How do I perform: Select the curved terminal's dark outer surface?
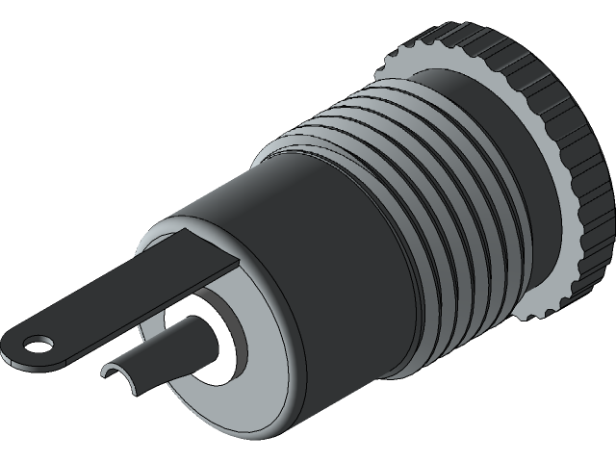(164, 361)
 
